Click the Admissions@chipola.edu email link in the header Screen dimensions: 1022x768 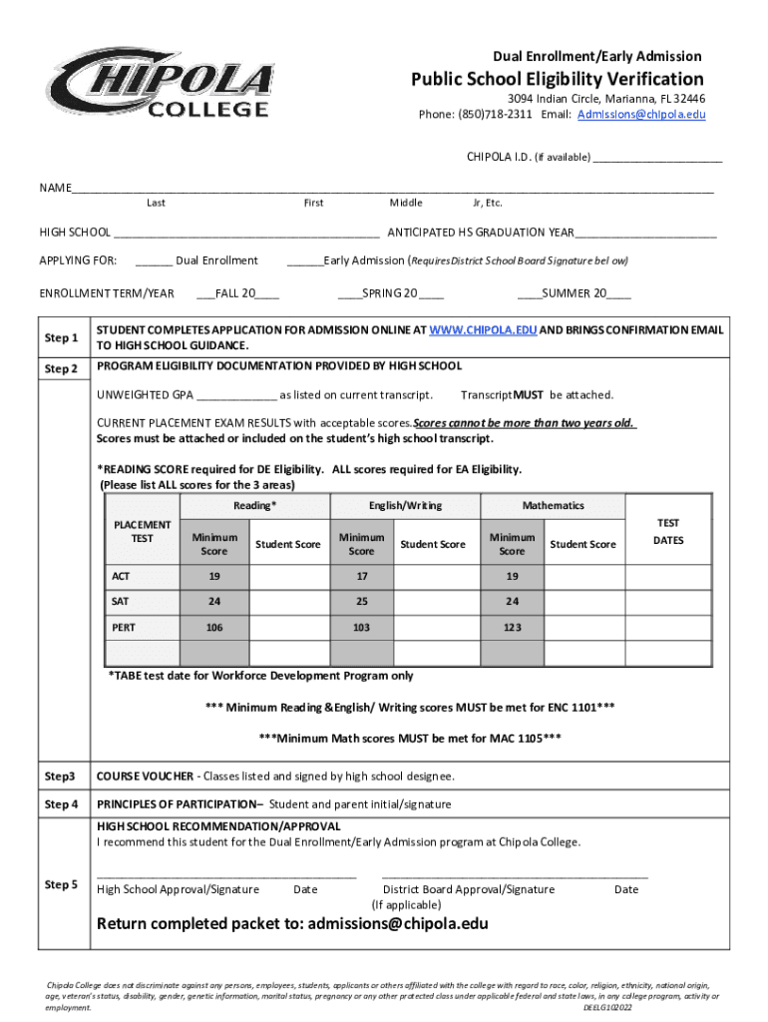(641, 115)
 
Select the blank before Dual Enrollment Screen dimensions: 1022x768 (154, 261)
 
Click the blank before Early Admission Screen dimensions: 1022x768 (305, 261)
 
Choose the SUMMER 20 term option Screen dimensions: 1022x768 (574, 293)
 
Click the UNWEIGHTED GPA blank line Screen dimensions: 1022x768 (236, 395)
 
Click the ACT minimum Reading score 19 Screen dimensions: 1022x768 (214, 576)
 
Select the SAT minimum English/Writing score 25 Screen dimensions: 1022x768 (361, 602)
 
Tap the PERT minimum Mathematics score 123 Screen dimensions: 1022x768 (512, 628)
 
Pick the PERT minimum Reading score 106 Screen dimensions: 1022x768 (214, 628)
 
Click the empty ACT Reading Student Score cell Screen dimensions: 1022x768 (288, 576)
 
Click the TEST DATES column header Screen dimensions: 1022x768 (668, 531)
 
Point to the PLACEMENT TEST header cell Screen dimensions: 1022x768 (143, 531)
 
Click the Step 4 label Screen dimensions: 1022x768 (61, 804)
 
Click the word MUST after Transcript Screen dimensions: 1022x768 (528, 395)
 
